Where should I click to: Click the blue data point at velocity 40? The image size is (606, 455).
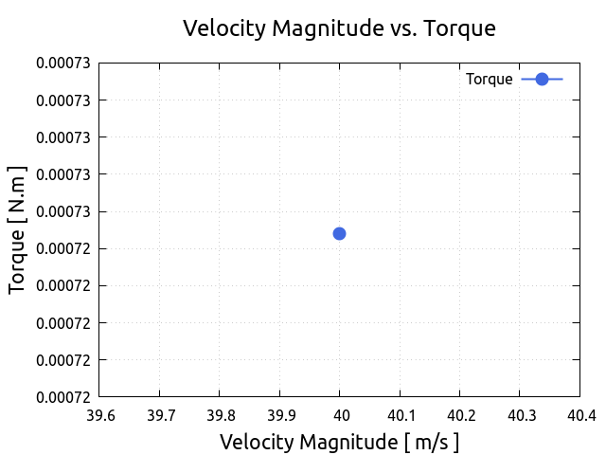pyautogui.click(x=339, y=233)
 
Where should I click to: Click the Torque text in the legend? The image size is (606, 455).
pyautogui.click(x=489, y=80)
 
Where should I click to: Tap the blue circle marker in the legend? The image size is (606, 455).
pyautogui.click(x=542, y=80)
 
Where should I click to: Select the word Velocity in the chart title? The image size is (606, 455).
pyautogui.click(x=223, y=28)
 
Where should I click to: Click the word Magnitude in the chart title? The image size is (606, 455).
pyautogui.click(x=320, y=28)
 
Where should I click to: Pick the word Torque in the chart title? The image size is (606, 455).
pyautogui.click(x=459, y=28)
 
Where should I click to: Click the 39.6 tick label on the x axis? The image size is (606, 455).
pyautogui.click(x=99, y=415)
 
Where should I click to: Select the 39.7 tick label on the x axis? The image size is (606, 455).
pyautogui.click(x=159, y=415)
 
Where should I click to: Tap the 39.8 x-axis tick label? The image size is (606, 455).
pyautogui.click(x=220, y=415)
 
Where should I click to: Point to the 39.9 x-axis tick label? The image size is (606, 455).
pyautogui.click(x=279, y=415)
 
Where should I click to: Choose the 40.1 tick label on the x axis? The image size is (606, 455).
pyautogui.click(x=400, y=415)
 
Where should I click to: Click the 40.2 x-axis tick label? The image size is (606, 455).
pyautogui.click(x=459, y=415)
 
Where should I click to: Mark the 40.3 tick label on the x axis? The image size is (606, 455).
pyautogui.click(x=520, y=415)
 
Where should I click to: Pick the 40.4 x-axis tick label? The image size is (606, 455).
pyautogui.click(x=579, y=415)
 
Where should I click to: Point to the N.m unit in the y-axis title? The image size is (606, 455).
pyautogui.click(x=18, y=191)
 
